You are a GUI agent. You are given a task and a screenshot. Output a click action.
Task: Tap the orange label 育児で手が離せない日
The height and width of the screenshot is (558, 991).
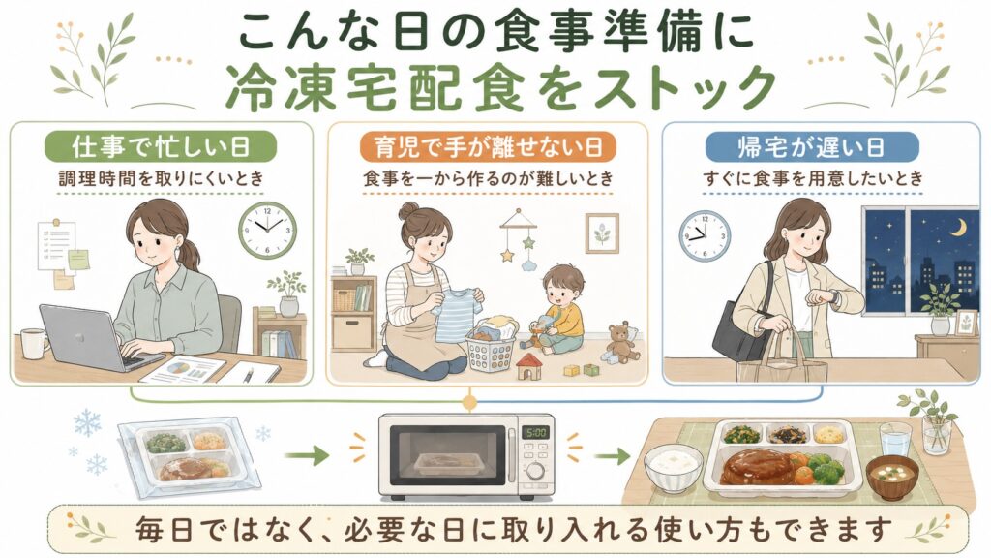tap(488, 146)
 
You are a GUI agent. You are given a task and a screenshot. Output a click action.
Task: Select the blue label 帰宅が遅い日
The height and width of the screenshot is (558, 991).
tap(812, 146)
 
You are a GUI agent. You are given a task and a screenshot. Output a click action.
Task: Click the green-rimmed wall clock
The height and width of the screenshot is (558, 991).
tap(267, 231)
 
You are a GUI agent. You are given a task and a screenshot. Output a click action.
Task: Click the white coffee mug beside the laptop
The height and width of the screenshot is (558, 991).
tap(34, 344)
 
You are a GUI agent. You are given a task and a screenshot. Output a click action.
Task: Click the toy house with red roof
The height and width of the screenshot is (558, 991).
tap(529, 366)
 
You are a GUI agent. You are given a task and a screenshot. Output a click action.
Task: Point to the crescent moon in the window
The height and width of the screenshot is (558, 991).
tap(960, 226)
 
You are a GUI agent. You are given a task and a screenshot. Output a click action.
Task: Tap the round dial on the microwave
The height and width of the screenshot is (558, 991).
tap(536, 472)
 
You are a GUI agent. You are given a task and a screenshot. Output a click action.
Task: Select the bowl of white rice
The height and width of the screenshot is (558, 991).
tap(674, 468)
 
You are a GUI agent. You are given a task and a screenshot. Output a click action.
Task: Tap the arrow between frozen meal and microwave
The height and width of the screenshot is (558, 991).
tap(307, 455)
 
